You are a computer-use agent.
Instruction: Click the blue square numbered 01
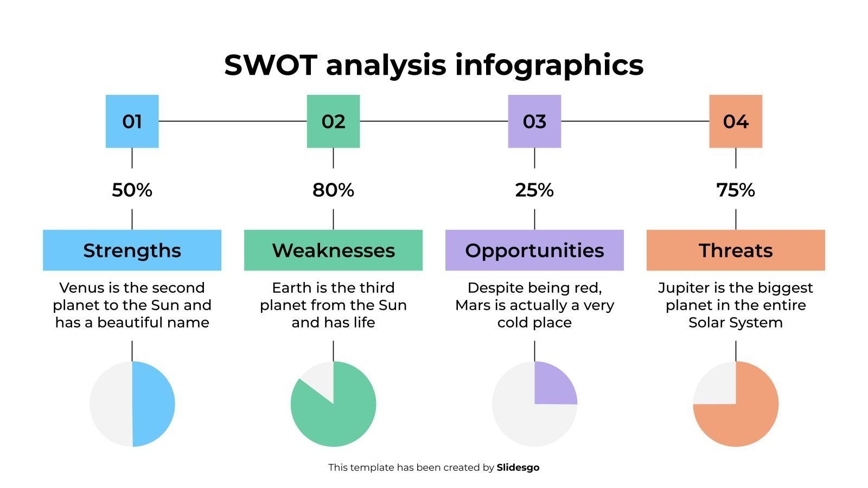pos(132,121)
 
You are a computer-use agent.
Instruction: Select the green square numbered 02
pos(333,121)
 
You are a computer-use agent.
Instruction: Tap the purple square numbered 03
pos(534,121)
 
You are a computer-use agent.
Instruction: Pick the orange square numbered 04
pos(736,121)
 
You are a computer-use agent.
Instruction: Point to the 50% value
pos(132,190)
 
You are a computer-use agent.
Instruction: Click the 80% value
pos(333,190)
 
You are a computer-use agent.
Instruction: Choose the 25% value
pos(534,190)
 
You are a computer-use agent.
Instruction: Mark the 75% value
pos(736,190)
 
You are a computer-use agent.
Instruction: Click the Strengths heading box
pos(132,250)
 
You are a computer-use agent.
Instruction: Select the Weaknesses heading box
pos(333,250)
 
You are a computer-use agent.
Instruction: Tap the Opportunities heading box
pos(534,250)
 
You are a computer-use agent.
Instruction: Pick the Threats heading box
pos(736,250)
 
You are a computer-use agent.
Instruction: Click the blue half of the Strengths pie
pos(154,404)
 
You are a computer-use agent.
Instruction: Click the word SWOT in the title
pos(270,65)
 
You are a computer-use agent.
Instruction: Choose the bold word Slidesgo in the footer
pos(518,467)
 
